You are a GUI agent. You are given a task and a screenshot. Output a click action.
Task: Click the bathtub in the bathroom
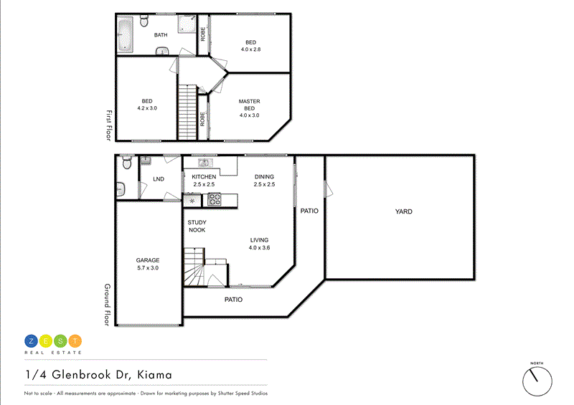pyautogui.click(x=126, y=34)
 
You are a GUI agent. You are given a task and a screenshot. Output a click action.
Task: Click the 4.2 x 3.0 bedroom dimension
pyautogui.click(x=146, y=108)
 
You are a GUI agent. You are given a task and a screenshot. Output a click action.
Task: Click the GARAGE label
pyautogui.click(x=148, y=260)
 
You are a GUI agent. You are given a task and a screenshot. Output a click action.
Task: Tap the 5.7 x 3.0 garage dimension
pyautogui.click(x=148, y=267)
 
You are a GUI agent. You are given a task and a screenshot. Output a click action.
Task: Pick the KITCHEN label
pyautogui.click(x=204, y=176)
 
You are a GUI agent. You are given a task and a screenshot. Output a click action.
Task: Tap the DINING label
pyautogui.click(x=264, y=176)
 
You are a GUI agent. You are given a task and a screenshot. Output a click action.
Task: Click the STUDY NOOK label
pyautogui.click(x=197, y=226)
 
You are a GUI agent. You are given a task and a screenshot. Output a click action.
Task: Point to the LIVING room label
pyautogui.click(x=259, y=240)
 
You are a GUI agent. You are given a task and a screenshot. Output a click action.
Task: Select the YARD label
pyautogui.click(x=403, y=211)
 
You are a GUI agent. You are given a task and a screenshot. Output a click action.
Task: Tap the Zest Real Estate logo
pyautogui.click(x=53, y=343)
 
